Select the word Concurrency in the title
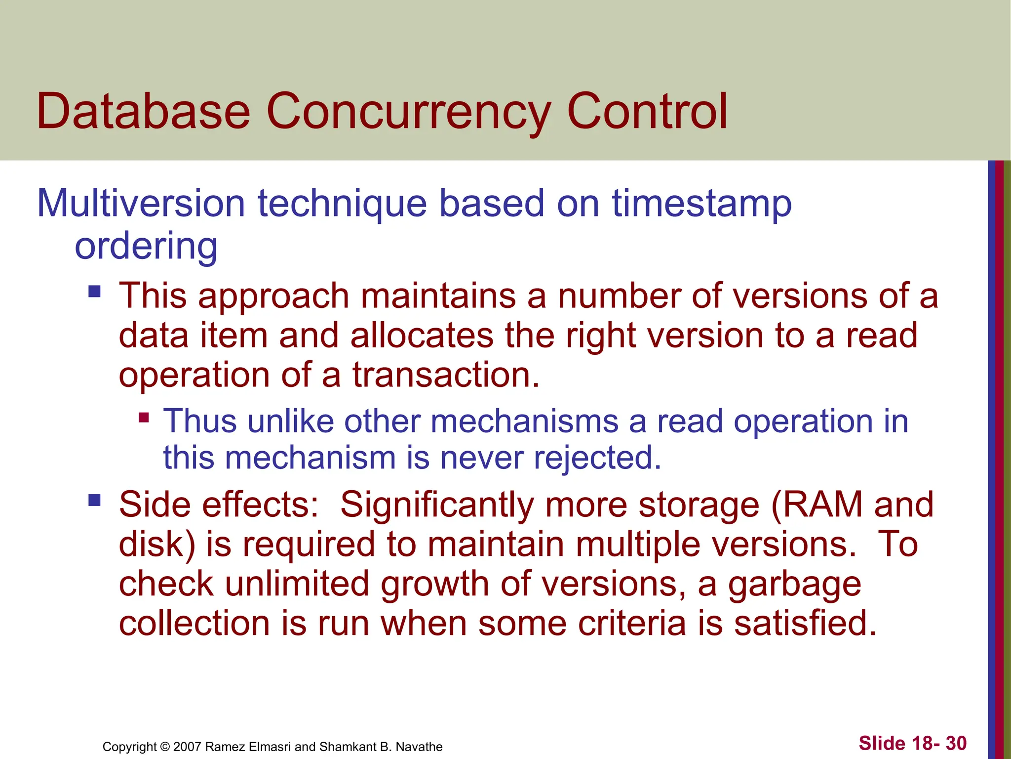pos(409,113)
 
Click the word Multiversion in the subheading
pos(141,203)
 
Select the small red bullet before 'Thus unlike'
pos(144,418)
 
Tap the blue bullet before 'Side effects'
pos(94,501)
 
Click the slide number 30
pos(956,743)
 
